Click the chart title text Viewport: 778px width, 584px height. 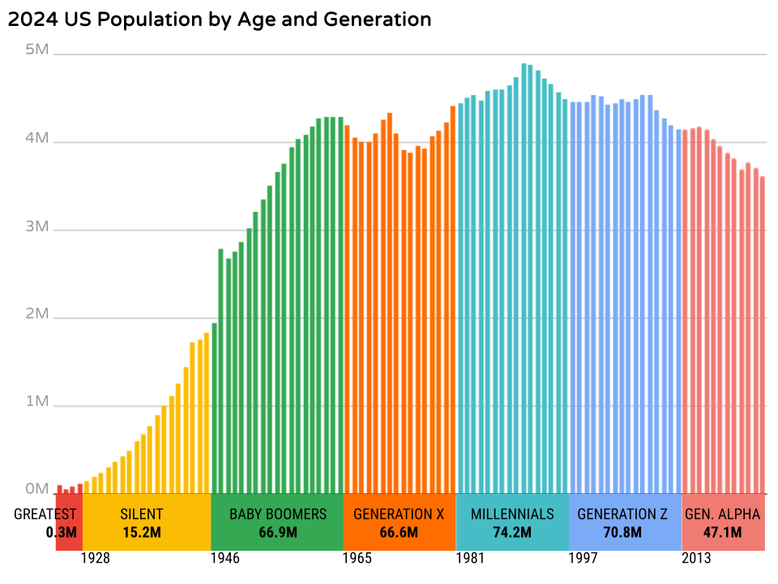tap(219, 19)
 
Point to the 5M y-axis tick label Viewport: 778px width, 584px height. tap(37, 49)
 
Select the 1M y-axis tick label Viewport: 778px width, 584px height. tap(37, 402)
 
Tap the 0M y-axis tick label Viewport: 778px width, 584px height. tap(37, 490)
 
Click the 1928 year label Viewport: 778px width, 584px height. tap(96, 559)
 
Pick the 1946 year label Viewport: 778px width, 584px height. tap(226, 559)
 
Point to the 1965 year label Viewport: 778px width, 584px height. tap(357, 559)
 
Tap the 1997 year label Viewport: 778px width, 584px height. tap(583, 559)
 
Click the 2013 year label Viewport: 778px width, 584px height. tap(696, 559)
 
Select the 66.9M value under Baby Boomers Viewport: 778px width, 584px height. tap(277, 533)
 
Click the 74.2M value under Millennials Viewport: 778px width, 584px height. tap(512, 533)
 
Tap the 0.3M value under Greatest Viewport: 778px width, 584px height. tap(61, 533)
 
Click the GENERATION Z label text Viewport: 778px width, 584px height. tap(622, 514)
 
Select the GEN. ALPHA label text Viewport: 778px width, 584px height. tap(723, 514)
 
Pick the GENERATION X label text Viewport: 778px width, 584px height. tap(399, 514)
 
